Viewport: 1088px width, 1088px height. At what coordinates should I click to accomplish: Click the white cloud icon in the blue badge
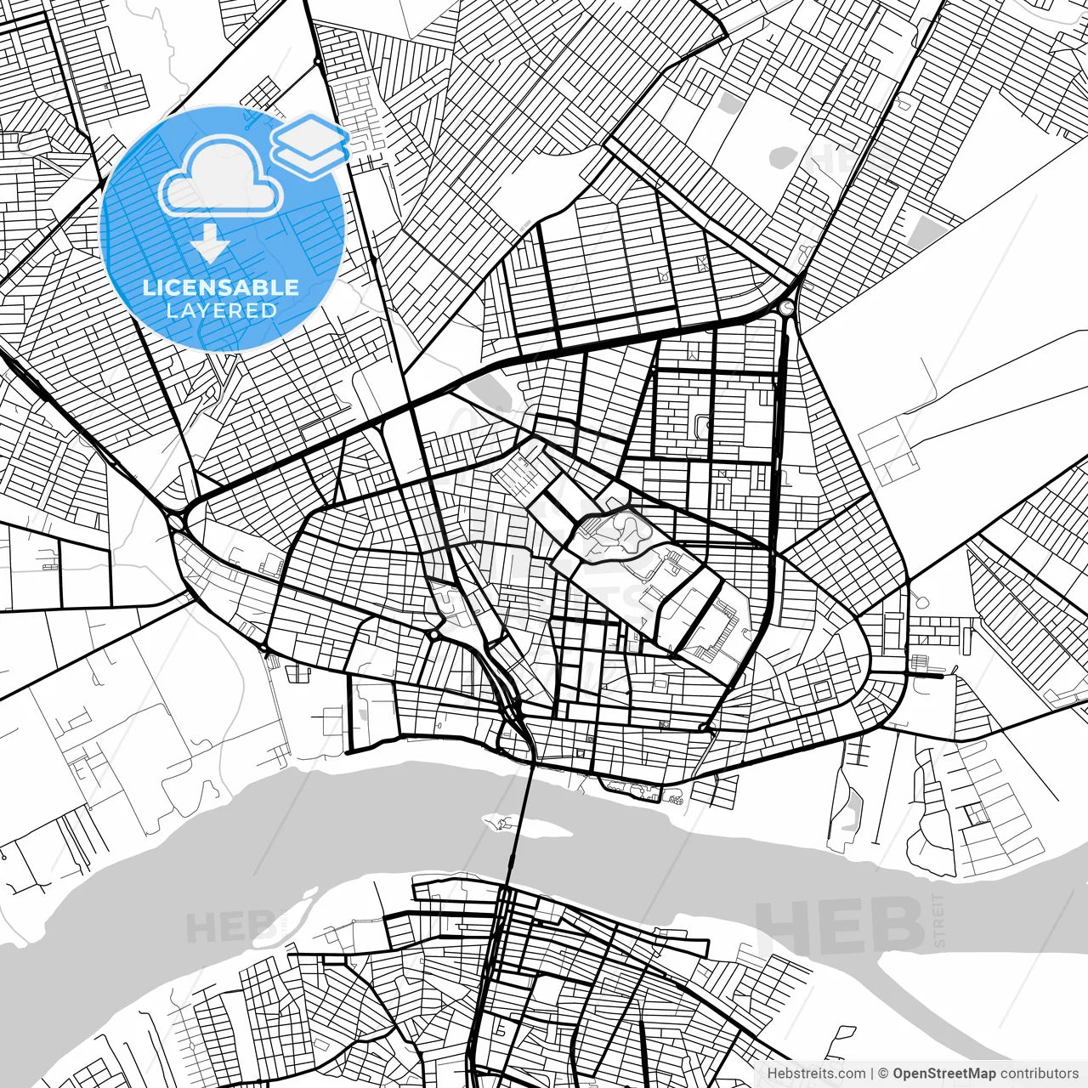click(222, 182)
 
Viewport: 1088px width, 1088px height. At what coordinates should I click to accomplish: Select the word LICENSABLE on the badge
click(221, 287)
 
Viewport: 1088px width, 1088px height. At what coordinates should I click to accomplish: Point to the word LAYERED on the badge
click(221, 311)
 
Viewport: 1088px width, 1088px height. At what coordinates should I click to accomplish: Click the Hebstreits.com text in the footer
click(815, 1074)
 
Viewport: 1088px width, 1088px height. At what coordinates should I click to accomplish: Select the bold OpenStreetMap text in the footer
click(943, 1074)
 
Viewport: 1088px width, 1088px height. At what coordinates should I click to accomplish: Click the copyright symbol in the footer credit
click(883, 1074)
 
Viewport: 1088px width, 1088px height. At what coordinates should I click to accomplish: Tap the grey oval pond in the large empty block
click(783, 157)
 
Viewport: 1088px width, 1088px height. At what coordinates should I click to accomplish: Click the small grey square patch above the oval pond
click(727, 104)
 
